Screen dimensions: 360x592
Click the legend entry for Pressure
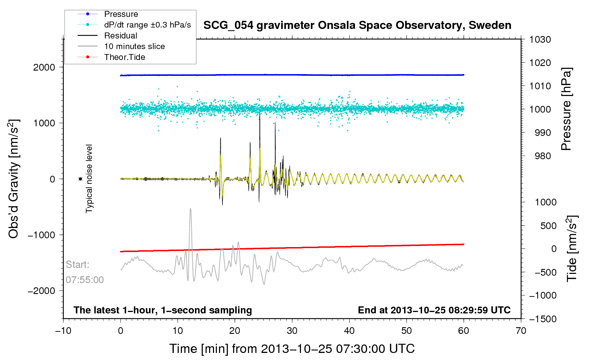121,14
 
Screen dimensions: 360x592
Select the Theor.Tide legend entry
124,57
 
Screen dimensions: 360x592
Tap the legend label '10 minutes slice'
134,46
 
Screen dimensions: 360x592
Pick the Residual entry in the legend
120,36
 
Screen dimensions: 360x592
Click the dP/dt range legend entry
147,25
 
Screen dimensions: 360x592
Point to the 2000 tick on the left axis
44,67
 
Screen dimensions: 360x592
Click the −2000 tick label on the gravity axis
42,291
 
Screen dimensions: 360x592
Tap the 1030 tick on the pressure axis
540,40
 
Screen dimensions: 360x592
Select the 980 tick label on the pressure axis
540,156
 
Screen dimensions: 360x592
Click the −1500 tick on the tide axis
543,319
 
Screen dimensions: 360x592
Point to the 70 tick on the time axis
521,331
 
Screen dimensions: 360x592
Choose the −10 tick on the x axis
63,331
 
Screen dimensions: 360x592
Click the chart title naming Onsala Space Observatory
357,25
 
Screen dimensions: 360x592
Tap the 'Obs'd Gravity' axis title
13,179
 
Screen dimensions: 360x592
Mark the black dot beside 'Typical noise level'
81,179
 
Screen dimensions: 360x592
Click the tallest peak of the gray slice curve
191,209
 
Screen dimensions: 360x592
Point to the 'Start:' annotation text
78,265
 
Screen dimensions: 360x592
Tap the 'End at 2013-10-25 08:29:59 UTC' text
434,310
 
